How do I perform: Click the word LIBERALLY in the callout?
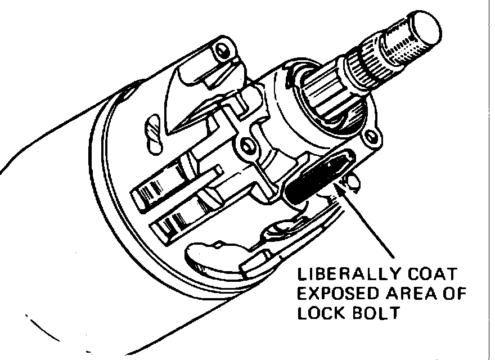346,276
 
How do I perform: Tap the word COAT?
433,276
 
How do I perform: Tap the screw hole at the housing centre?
246,148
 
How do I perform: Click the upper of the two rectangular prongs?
163,186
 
